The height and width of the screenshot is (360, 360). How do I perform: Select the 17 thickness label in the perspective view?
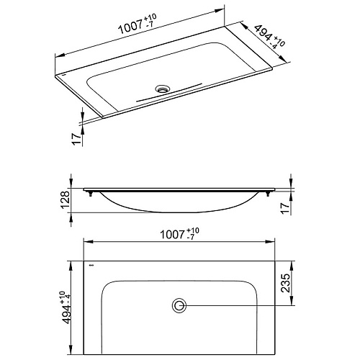coord(76,139)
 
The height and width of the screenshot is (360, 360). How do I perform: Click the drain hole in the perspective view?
coord(163,89)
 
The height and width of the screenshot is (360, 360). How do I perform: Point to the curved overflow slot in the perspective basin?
coord(169,93)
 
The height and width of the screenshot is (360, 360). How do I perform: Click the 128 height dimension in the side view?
coord(66,200)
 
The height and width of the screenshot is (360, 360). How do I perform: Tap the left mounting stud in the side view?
coord(91,194)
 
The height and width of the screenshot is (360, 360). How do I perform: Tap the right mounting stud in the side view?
coord(268,194)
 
